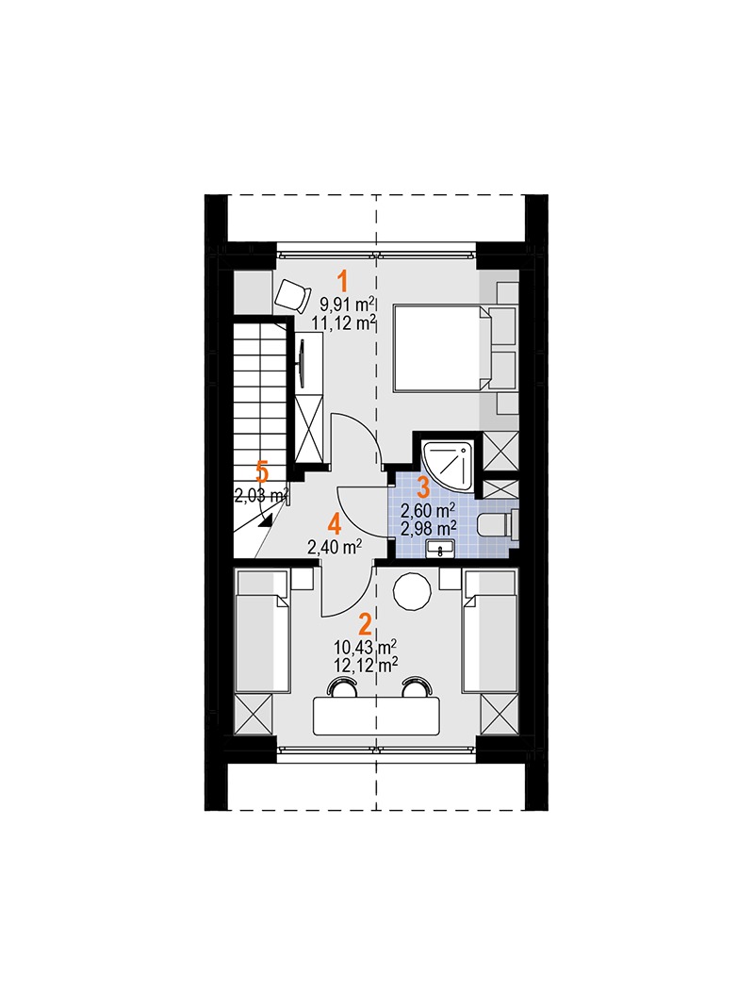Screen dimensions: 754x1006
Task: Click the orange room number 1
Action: [344, 282]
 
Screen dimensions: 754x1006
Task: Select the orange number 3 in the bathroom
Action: [423, 487]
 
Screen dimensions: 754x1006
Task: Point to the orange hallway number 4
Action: [334, 525]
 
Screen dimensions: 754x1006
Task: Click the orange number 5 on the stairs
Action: [262, 473]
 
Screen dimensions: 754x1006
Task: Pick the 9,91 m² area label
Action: [347, 305]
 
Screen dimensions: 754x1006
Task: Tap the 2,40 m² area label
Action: [335, 547]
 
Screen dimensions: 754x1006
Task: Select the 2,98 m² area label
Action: [428, 528]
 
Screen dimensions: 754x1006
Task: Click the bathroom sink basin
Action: [440, 549]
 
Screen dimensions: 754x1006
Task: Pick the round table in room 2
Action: [412, 591]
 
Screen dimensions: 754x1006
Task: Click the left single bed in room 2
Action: [262, 632]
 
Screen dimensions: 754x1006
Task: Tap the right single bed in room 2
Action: [490, 632]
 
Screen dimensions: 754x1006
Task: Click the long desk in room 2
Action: [377, 717]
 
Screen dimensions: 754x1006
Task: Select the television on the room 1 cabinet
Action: [302, 363]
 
